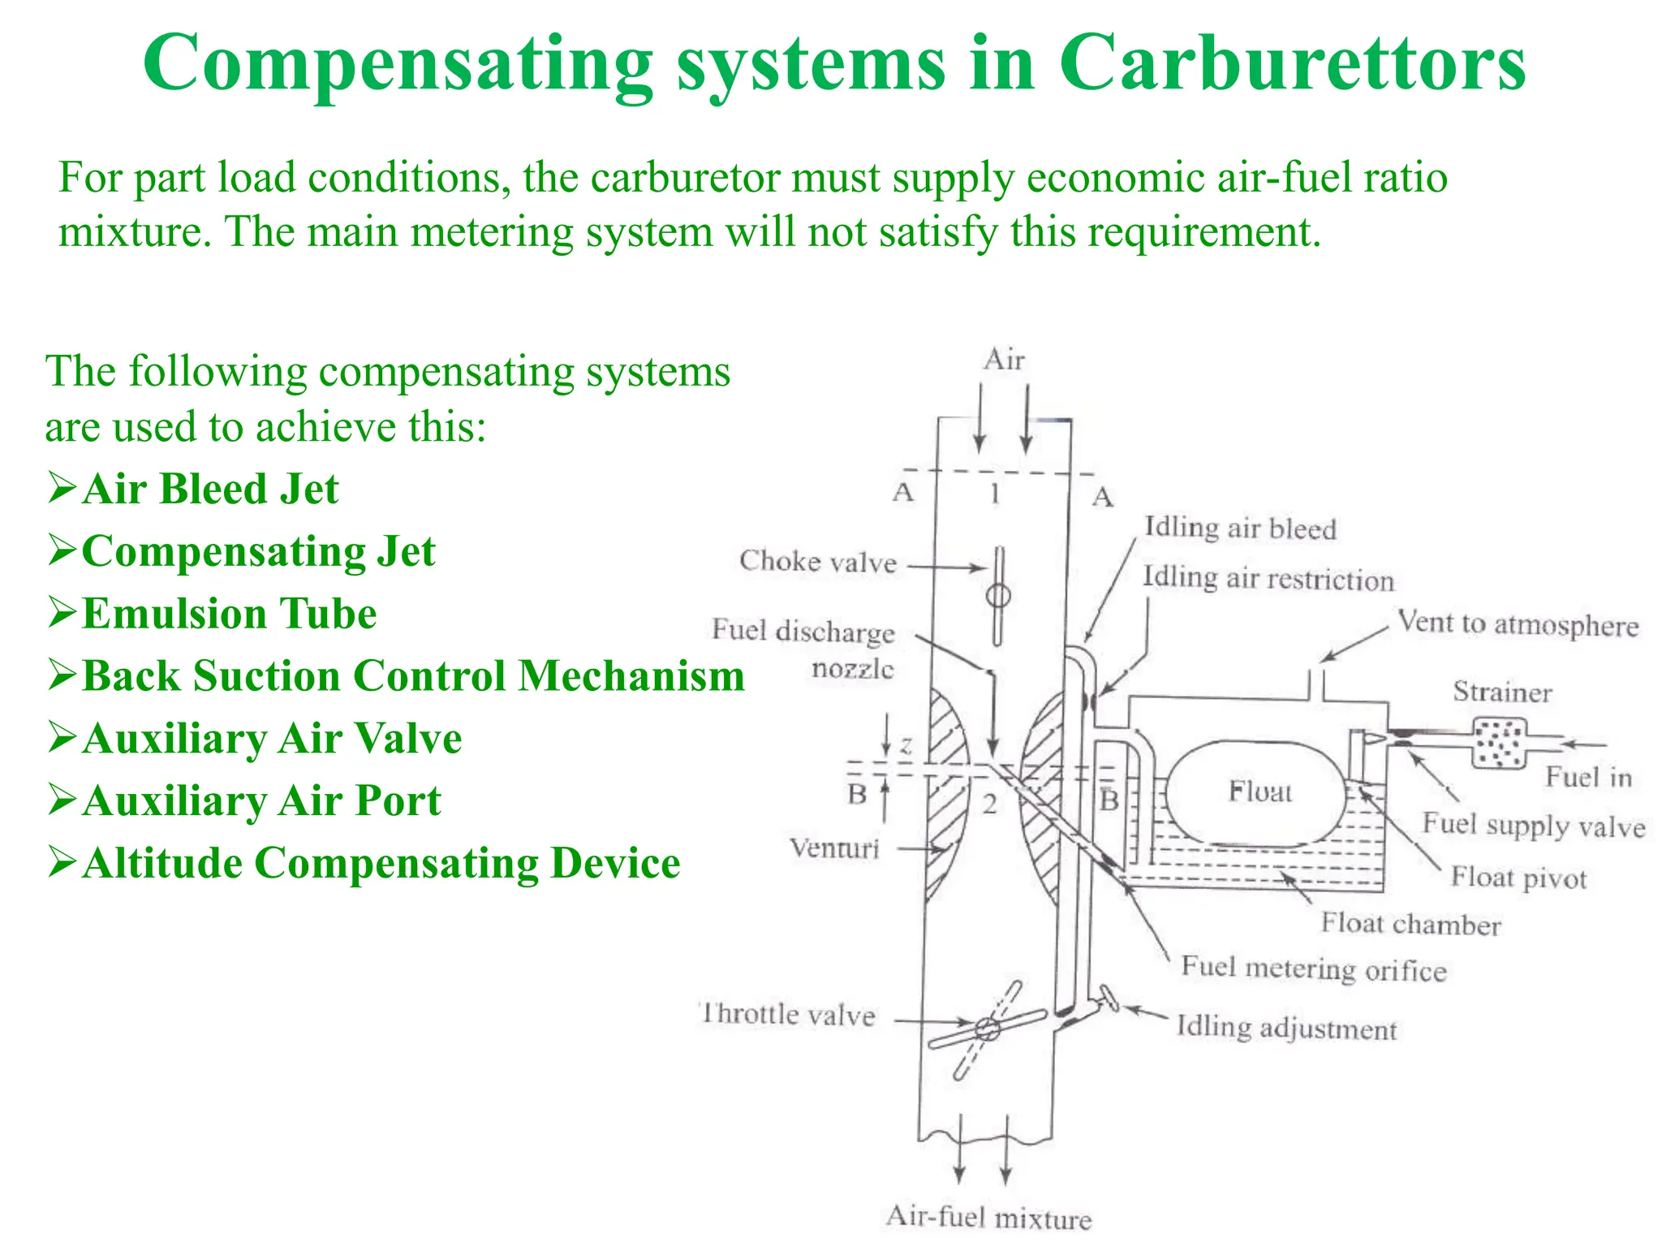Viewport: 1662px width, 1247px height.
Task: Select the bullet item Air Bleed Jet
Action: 209,490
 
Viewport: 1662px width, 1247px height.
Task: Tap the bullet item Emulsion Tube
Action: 229,614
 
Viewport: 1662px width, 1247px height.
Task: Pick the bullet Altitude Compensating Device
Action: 380,863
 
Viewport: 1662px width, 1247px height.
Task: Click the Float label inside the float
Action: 1259,792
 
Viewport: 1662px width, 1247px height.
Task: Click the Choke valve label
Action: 817,562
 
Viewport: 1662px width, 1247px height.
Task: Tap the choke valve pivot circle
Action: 997,597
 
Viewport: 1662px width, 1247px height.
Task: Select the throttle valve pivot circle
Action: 987,1029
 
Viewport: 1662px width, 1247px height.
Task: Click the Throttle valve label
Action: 788,1015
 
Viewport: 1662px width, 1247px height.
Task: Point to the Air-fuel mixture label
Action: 988,1218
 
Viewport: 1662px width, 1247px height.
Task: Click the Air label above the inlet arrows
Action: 1004,360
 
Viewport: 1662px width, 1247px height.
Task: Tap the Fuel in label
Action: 1588,778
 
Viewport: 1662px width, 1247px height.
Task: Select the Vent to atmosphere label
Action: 1518,624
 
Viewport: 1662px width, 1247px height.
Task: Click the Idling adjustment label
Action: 1286,1028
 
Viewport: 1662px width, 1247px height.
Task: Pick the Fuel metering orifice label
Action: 1313,969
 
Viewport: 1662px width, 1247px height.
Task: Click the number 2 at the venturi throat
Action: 989,805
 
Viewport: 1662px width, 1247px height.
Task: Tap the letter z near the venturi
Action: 906,745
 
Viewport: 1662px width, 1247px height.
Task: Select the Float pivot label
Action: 1518,878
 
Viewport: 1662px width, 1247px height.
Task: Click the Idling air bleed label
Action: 1240,529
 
